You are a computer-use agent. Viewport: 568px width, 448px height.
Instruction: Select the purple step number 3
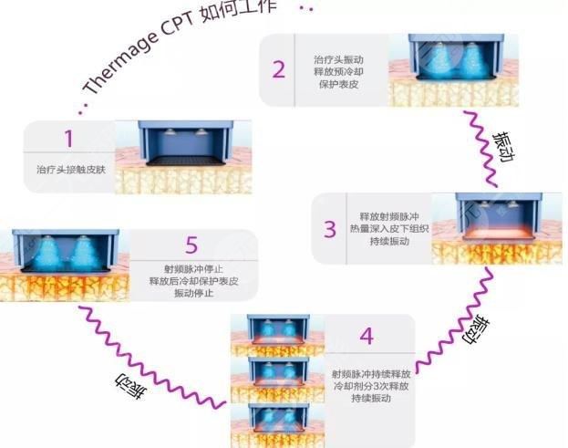click(x=330, y=227)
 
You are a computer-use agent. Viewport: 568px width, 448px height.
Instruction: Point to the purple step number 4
click(x=366, y=336)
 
